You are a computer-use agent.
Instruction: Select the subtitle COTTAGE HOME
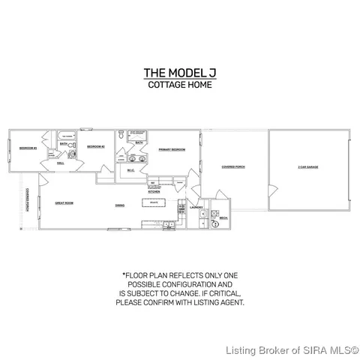(179, 85)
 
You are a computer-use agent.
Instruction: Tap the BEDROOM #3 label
(28, 148)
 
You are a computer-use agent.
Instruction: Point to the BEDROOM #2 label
(94, 147)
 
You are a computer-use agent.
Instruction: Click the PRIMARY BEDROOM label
(171, 150)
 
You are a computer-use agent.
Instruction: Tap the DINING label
(120, 205)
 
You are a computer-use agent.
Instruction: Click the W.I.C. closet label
(130, 170)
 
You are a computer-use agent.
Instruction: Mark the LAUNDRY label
(196, 207)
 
